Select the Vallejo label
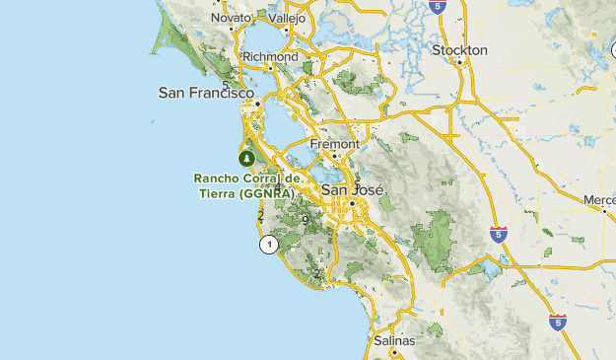287,18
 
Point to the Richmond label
269,57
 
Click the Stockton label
459,49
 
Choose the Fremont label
334,144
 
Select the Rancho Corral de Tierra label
244,185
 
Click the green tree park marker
245,157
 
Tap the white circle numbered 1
268,245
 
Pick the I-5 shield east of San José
499,234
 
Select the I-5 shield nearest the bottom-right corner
558,322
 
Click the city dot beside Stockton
460,61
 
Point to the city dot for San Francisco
256,103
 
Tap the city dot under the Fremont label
335,155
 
